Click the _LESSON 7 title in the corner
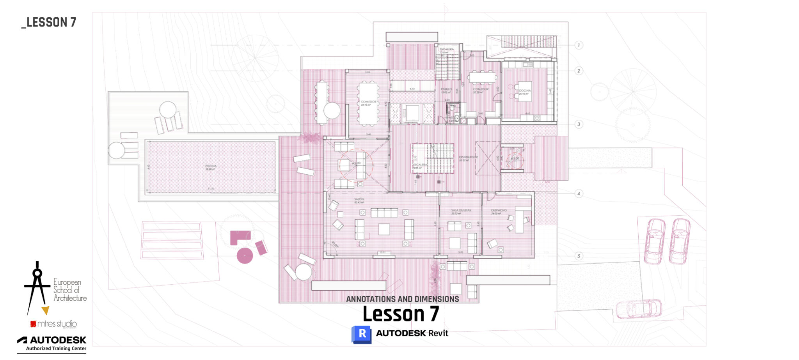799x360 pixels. pos(49,23)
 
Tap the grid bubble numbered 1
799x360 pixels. pos(579,45)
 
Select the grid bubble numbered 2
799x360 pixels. pos(579,71)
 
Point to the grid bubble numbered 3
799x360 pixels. pos(579,124)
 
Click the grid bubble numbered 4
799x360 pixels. pos(579,193)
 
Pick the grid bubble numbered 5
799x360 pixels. pos(579,256)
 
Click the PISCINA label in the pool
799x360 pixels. pos(211,166)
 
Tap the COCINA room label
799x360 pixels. pos(525,90)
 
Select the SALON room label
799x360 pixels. pos(359,199)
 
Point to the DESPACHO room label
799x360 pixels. pos(499,211)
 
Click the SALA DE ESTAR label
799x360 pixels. pos(461,211)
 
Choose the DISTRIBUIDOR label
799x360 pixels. pos(468,157)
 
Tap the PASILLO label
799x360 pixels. pos(446,89)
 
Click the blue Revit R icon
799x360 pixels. pos(361,334)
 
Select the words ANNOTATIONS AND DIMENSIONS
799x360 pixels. pos(402,299)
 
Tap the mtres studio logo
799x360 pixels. pos(53,324)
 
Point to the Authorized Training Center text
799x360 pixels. pos(56,349)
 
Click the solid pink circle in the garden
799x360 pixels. pos(245,256)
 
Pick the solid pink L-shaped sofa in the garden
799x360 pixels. pos(239,236)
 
